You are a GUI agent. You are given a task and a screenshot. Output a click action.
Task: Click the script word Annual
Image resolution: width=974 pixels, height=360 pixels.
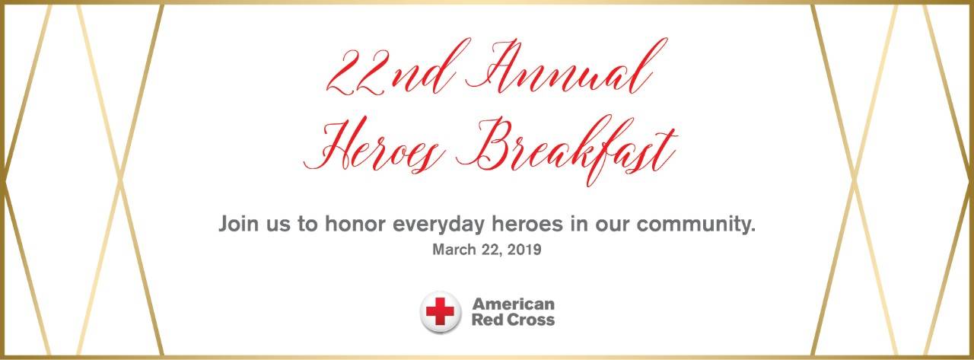tap(565, 66)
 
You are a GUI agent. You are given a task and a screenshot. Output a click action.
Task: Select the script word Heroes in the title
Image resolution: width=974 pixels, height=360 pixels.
tap(374, 145)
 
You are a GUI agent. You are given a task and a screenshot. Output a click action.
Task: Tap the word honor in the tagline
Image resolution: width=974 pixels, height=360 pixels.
tap(355, 224)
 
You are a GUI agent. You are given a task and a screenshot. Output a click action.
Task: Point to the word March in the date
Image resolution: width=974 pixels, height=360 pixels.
tap(454, 250)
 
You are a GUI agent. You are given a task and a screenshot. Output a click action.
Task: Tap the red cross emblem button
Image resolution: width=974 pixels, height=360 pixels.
tap(440, 312)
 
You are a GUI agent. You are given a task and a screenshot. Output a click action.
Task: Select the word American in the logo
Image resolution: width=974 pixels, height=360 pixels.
tap(513, 304)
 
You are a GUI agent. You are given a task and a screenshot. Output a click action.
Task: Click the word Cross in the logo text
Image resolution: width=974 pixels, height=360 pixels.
tap(531, 320)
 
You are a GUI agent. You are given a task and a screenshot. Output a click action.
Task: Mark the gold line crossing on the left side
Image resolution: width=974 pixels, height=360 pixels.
tap(120, 179)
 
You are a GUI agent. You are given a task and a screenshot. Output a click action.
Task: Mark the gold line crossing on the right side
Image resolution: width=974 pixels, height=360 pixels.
tap(854, 179)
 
